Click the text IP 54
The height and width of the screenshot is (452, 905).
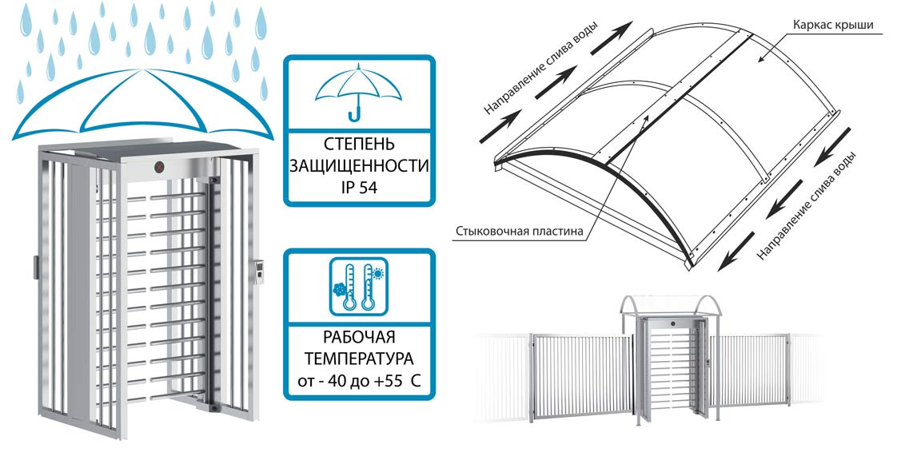click(x=357, y=188)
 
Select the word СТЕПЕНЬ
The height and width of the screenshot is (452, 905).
click(x=357, y=147)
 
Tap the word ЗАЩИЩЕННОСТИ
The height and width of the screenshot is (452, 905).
click(x=357, y=168)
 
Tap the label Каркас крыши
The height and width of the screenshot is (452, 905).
click(x=831, y=25)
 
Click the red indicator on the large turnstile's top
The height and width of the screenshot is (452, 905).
click(x=158, y=168)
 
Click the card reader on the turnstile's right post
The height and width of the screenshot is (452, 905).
click(x=260, y=272)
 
